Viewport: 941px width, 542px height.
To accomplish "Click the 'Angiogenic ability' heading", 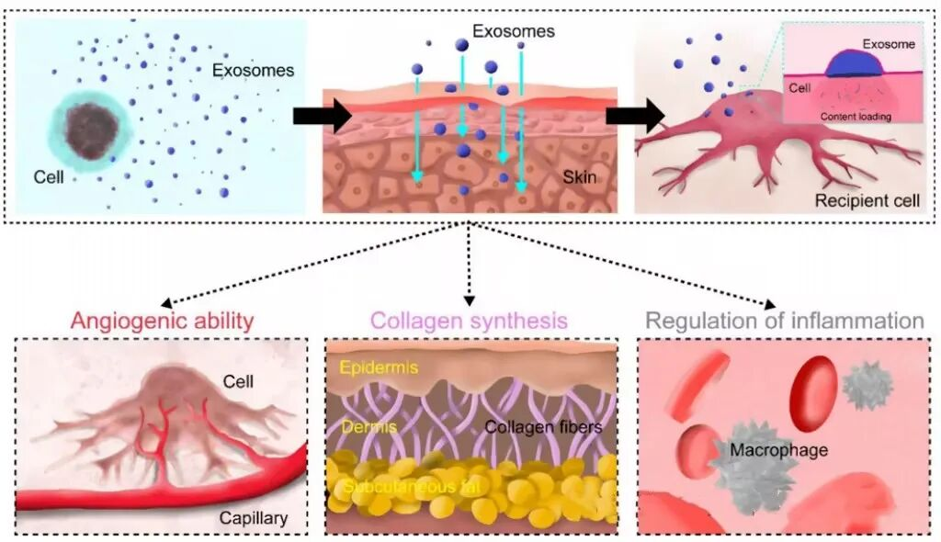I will [x=162, y=321].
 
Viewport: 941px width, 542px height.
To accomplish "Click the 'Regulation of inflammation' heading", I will [x=784, y=321].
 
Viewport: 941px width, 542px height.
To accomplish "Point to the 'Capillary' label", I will [x=253, y=518].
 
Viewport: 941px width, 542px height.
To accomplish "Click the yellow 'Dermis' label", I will [x=360, y=427].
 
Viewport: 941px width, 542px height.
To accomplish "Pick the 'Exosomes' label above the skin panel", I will [x=514, y=31].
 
